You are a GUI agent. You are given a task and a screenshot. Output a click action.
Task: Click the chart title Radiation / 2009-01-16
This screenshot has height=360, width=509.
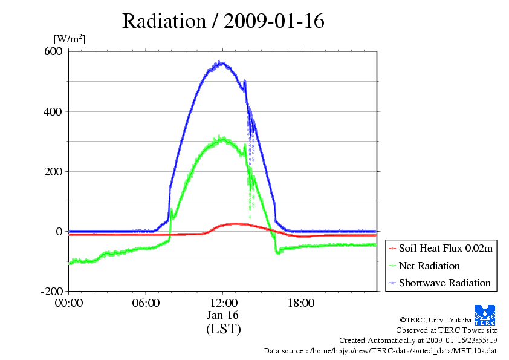[x=223, y=21]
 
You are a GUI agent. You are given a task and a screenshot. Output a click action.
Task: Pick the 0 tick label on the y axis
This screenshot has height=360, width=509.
[x=59, y=231]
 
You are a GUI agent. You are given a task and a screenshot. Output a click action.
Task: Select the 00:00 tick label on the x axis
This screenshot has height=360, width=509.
[x=69, y=303]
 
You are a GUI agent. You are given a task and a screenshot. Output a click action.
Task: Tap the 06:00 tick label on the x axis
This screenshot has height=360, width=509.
[x=146, y=303]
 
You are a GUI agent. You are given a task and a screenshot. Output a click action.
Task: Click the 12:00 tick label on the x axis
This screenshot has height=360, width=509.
[x=223, y=303]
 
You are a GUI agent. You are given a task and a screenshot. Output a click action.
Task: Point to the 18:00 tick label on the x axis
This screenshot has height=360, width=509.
[x=300, y=303]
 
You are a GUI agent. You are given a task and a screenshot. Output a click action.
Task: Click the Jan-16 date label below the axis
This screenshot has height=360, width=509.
[x=223, y=315]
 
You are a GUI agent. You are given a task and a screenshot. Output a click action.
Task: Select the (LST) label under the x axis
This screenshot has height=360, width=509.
[x=223, y=329]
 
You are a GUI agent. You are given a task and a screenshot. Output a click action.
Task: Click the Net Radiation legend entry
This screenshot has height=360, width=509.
[x=429, y=266]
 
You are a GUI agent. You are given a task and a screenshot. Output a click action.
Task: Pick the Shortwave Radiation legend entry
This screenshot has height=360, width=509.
[x=444, y=283]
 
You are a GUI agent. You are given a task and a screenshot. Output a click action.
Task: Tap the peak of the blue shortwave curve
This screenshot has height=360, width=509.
[x=220, y=62]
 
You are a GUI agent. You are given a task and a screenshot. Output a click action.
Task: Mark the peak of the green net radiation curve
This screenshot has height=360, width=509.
[x=222, y=139]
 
